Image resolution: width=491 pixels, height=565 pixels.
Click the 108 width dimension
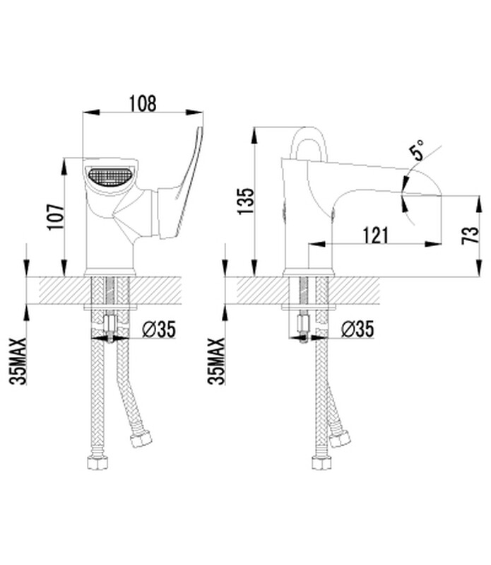click(143, 103)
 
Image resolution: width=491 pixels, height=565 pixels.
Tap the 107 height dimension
click(56, 217)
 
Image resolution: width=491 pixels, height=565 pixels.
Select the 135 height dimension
click(247, 201)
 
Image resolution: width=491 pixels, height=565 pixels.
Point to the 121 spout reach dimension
click(375, 235)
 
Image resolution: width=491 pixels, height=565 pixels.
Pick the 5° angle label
click(418, 150)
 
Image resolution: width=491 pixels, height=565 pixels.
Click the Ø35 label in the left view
click(159, 329)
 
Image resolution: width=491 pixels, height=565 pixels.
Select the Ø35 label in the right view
click(357, 329)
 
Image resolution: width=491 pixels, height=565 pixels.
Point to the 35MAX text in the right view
click(217, 361)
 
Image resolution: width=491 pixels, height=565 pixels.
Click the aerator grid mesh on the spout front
click(110, 177)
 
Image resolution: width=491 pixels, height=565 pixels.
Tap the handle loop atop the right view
click(309, 144)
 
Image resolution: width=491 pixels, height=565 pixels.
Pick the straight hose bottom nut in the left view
click(97, 462)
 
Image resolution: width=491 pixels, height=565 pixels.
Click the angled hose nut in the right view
click(339, 438)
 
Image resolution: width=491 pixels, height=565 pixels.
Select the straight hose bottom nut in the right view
click(321, 462)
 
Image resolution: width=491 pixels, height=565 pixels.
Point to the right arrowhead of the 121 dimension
click(433, 244)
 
